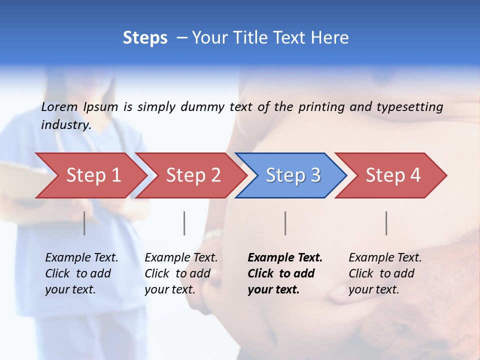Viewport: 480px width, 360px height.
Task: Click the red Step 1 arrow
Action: coord(92,175)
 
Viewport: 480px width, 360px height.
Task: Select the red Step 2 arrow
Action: coord(192,175)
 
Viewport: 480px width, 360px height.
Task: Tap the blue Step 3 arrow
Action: coord(292,175)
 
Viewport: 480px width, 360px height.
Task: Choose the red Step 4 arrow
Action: coord(392,175)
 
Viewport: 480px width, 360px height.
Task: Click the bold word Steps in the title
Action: coord(145,38)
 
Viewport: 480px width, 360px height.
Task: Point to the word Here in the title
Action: coord(329,38)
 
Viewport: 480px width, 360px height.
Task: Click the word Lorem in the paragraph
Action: coord(59,106)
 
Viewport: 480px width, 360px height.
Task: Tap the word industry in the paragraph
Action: coord(65,124)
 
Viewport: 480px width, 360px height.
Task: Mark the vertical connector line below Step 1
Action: coord(84,223)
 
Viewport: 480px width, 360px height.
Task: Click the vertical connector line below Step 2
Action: coord(184,223)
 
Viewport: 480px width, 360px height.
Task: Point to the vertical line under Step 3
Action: coord(285,223)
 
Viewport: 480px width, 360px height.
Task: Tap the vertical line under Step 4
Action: coord(386,223)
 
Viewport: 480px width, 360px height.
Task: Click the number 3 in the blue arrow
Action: coord(315,175)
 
